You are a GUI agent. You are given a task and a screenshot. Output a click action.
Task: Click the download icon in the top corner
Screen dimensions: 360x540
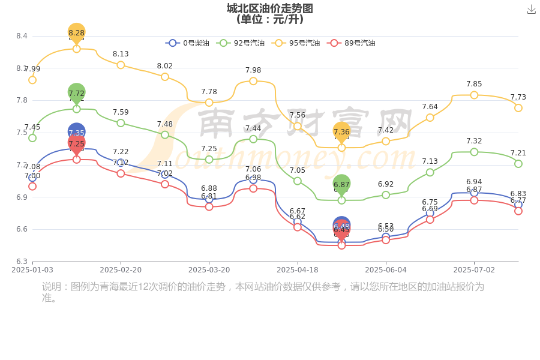531,9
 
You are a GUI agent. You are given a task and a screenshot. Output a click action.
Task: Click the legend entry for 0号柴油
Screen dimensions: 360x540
188,43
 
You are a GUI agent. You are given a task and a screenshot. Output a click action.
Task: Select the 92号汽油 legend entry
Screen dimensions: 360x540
239,43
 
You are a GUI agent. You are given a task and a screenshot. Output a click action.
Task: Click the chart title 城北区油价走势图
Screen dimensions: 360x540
269,8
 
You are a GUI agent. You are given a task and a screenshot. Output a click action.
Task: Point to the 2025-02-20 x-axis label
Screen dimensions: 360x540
121,270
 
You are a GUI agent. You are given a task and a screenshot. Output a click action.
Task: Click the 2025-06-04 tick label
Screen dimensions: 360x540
386,270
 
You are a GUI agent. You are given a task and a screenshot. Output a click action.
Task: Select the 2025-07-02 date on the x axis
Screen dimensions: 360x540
474,270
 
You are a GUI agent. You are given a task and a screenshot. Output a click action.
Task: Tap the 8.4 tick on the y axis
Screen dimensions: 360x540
22,36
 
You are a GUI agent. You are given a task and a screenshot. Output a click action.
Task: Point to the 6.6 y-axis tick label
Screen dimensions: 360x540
22,229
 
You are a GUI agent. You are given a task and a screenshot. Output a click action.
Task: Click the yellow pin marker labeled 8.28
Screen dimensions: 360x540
77,32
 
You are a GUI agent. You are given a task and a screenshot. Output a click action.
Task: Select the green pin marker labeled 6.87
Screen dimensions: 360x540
341,185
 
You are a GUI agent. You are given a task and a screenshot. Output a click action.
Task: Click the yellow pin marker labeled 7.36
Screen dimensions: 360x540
341,132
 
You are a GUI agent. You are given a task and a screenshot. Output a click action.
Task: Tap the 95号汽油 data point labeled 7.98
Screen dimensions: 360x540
253,81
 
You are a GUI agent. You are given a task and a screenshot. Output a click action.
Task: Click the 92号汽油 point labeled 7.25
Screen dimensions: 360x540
209,160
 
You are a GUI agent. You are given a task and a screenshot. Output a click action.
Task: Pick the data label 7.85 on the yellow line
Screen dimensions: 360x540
474,84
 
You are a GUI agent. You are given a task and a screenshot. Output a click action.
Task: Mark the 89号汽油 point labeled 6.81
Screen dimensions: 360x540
209,206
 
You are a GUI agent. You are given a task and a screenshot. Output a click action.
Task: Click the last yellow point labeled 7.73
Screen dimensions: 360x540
518,108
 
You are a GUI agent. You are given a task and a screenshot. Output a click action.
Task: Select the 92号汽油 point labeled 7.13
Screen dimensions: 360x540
430,172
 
